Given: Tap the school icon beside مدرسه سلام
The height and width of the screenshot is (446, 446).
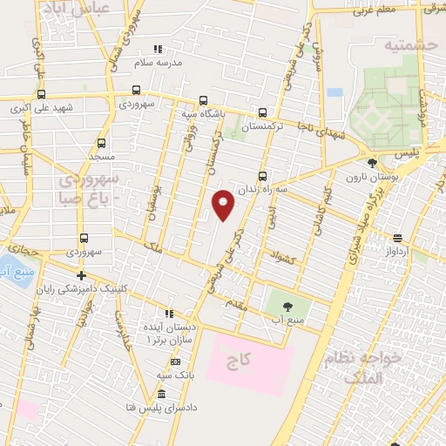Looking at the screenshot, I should [x=158, y=50].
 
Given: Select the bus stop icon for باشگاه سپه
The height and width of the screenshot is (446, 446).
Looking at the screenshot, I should [x=203, y=99].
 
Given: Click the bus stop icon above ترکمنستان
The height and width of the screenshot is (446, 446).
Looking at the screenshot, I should [x=263, y=112].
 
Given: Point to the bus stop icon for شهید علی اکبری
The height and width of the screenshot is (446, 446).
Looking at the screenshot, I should [x=41, y=95].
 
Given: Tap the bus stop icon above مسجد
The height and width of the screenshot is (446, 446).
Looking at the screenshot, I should [x=101, y=142].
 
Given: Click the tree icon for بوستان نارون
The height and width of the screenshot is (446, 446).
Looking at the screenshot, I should [x=372, y=162].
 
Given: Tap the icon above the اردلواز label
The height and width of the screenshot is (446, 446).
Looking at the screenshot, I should [x=397, y=237].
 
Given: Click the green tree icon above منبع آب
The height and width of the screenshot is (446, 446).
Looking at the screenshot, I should [x=288, y=305].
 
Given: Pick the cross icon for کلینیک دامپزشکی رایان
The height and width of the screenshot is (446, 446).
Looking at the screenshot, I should [x=81, y=276].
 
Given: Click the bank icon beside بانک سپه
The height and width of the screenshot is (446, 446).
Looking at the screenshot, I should [x=174, y=362].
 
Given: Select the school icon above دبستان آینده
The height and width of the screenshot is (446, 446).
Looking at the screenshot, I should [x=170, y=314].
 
